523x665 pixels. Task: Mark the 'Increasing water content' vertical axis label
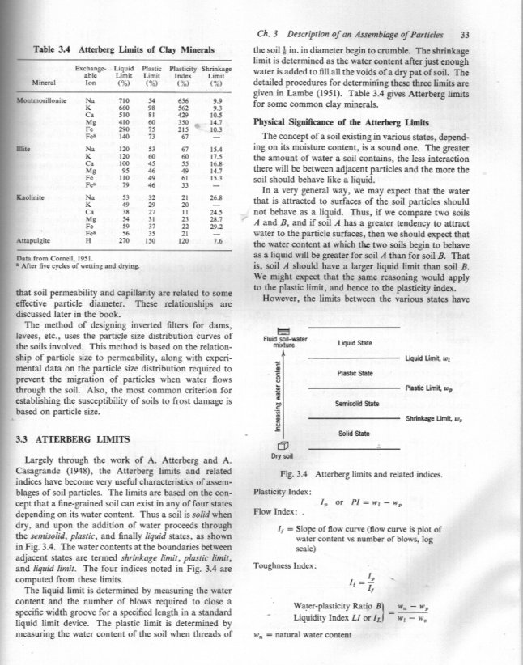point(279,397)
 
